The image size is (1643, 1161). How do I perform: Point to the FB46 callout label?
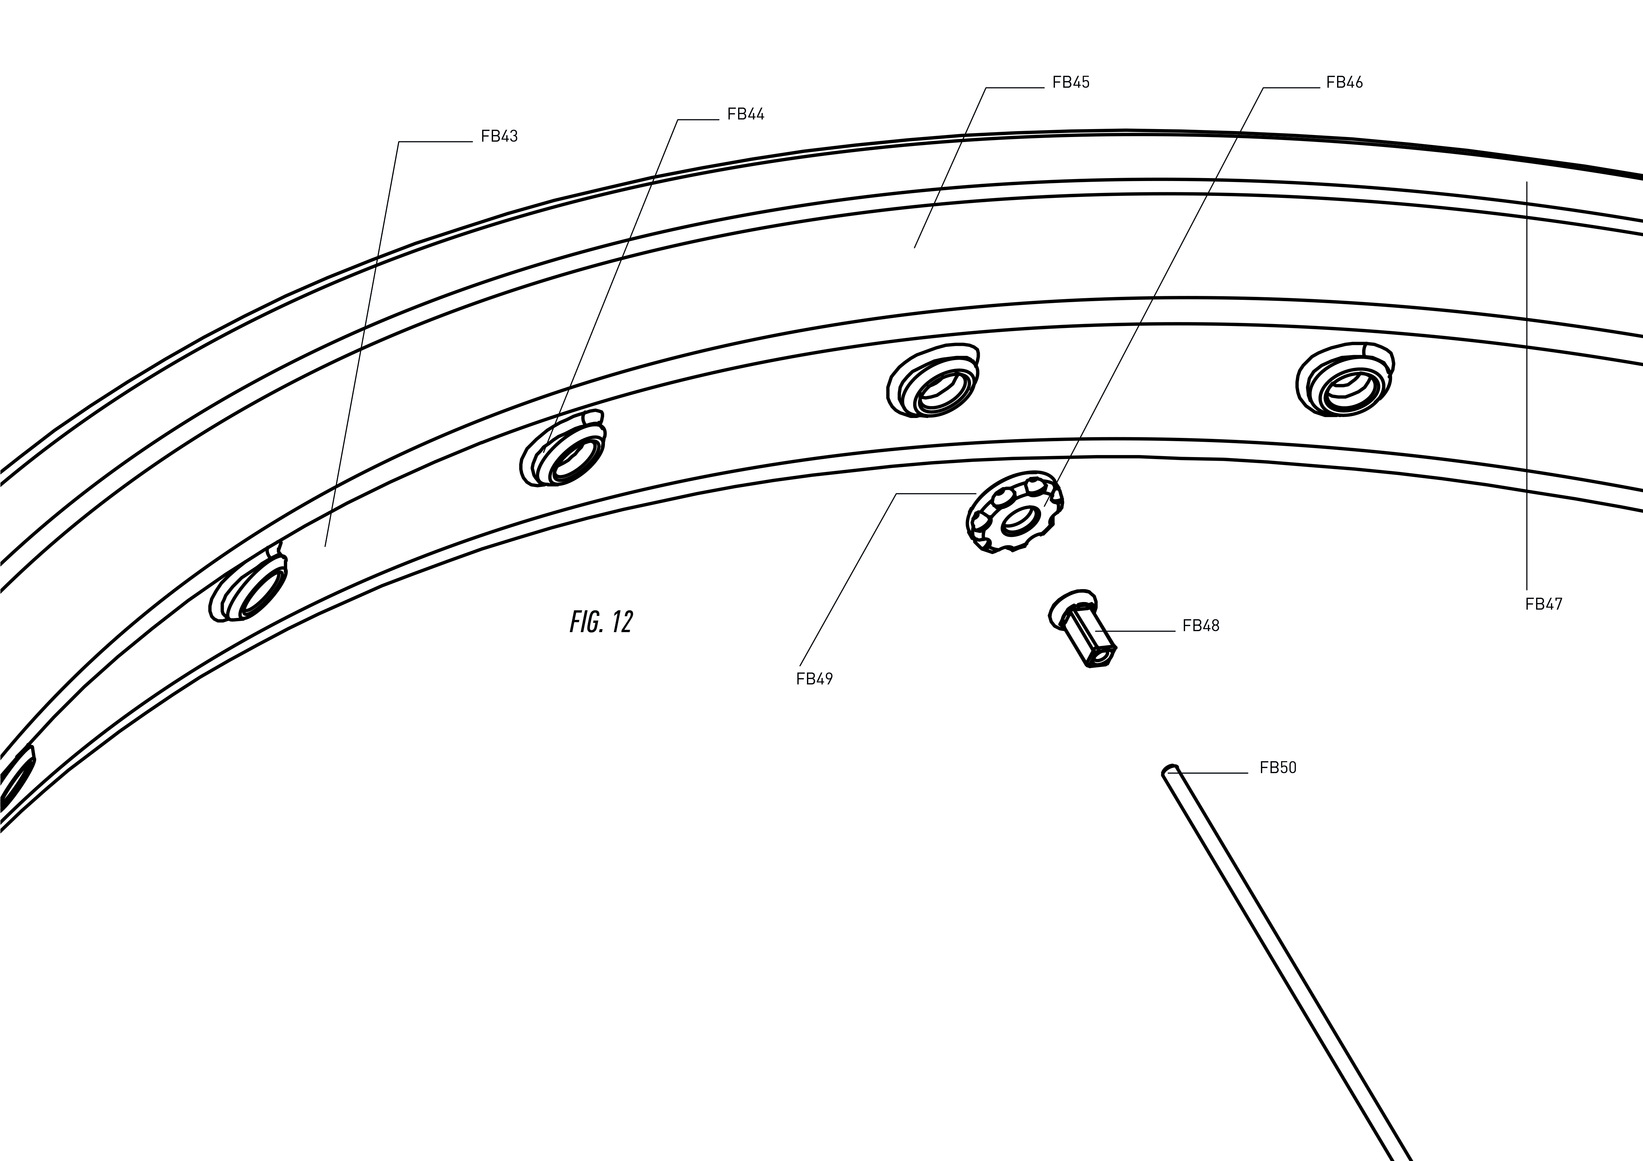pos(1345,82)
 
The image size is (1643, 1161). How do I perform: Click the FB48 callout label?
pos(1201,626)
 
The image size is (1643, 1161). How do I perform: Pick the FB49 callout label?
pos(814,679)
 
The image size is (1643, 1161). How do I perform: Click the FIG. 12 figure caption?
pos(601,622)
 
